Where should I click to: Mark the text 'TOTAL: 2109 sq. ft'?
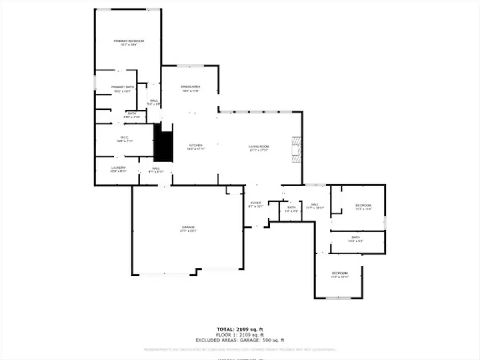coord(240,329)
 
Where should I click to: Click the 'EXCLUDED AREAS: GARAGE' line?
coord(240,340)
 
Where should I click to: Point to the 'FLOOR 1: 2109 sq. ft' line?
coord(240,335)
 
